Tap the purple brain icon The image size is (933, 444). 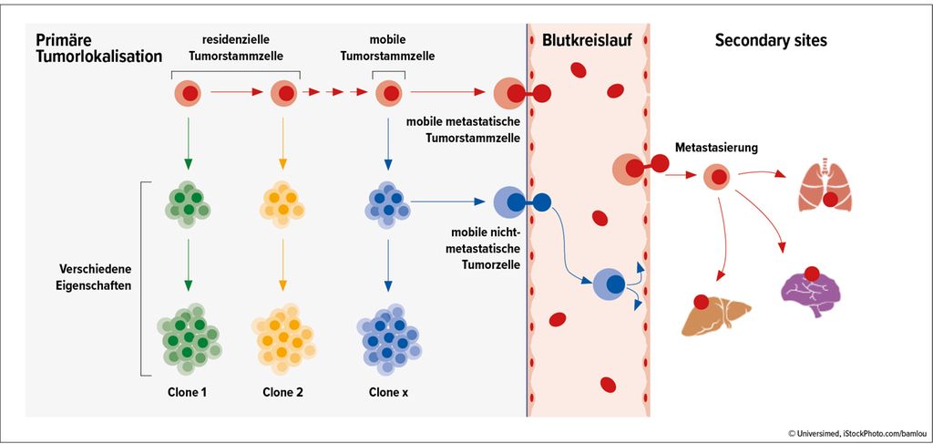point(809,292)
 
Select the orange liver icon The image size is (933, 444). point(716,315)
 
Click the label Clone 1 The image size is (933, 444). point(188,392)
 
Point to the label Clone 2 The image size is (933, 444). point(282,392)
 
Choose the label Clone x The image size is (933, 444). point(388,392)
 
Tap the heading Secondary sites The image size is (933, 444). point(771,41)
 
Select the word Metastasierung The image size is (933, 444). point(716,147)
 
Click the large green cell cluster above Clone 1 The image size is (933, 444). point(189,337)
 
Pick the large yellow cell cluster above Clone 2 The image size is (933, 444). point(283,337)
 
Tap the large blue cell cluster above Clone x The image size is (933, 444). point(389,337)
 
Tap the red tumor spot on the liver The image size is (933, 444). point(701,302)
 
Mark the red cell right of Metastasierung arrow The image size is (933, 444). point(718,176)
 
